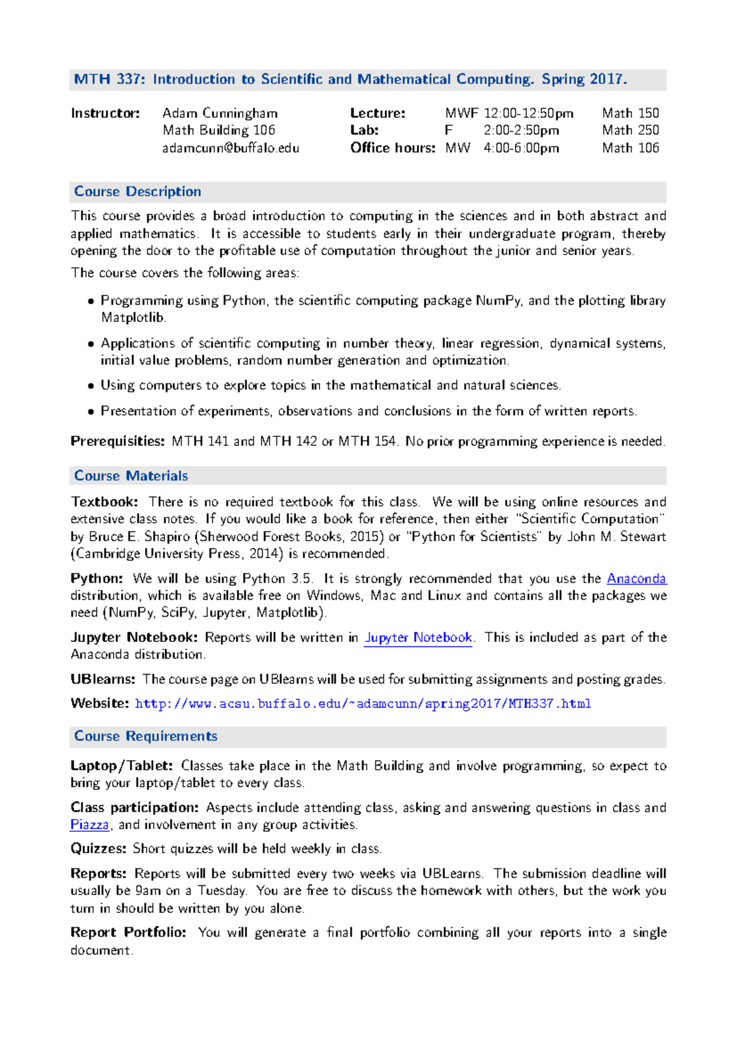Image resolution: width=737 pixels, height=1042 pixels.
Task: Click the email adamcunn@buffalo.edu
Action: [230, 148]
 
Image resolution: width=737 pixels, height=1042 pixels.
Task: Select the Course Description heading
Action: [138, 192]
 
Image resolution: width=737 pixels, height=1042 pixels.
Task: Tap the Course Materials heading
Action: [131, 476]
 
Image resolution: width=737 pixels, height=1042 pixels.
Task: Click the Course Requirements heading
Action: [146, 736]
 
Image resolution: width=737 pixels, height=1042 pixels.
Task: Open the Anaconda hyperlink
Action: [636, 579]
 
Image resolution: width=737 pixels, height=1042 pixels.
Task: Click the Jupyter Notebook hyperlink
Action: [418, 638]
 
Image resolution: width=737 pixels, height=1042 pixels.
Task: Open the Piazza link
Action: [90, 825]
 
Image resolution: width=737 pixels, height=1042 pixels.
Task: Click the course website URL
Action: [362, 703]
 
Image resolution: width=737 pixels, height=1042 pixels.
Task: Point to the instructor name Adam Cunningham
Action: [220, 113]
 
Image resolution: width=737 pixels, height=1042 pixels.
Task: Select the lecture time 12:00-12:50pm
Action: [528, 113]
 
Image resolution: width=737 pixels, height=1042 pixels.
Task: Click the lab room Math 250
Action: [630, 130]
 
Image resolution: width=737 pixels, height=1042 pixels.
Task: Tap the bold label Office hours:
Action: [392, 148]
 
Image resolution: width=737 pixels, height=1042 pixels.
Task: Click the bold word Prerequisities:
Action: [117, 441]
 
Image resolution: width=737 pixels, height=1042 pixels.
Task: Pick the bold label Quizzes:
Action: [98, 849]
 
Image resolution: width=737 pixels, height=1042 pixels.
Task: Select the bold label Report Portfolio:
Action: [128, 933]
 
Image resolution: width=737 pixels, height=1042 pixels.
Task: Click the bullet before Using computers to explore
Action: [91, 386]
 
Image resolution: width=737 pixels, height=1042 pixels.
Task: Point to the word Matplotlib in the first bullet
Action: [133, 318]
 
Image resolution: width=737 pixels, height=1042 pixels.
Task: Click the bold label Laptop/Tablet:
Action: [122, 766]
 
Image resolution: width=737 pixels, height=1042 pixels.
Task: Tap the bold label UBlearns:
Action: [103, 680]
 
